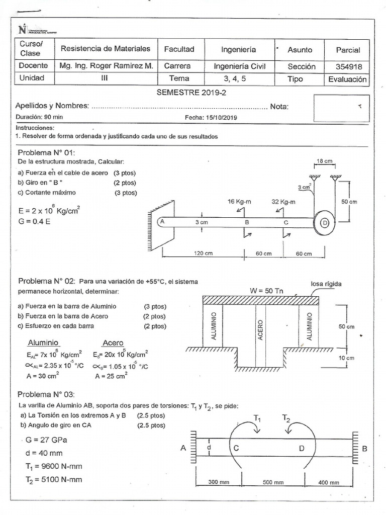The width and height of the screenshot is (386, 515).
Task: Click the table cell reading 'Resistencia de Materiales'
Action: pos(105,49)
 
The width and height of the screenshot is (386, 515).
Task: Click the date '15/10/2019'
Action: pos(221,117)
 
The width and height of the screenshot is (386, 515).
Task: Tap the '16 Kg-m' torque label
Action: pos(240,201)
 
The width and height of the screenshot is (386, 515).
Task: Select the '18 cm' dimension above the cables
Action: pos(324,161)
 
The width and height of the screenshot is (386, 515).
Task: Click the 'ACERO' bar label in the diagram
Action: pos(260,329)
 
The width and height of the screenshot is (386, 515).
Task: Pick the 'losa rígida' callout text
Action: pos(326,284)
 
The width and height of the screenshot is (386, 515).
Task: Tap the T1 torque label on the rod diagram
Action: pos(257,417)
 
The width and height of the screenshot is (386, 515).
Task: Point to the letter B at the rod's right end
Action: pos(364,448)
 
